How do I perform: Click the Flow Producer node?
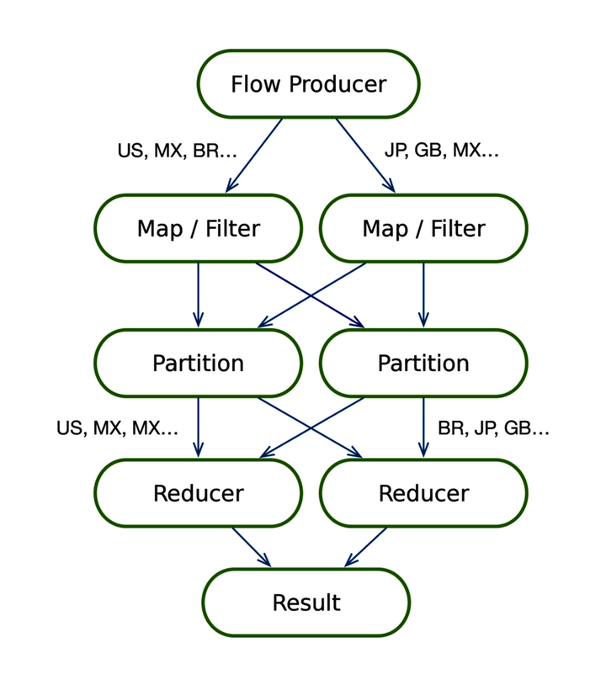coord(308,84)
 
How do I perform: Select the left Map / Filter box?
coord(198,229)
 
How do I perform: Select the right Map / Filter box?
coord(423,229)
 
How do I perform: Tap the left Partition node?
coord(198,363)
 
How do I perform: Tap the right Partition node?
coord(423,363)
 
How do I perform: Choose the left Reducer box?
coord(198,493)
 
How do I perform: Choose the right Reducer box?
coord(423,493)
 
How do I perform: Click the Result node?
coord(306,603)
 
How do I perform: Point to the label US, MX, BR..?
coord(177,151)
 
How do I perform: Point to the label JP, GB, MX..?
coord(442,151)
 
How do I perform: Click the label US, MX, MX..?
coord(117,428)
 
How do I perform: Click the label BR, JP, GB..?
coord(493,428)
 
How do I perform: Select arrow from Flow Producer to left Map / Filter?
coord(253,156)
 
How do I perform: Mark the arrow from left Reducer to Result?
coord(251,547)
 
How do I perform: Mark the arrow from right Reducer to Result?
coord(366,547)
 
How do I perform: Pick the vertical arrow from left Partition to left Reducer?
coord(198,427)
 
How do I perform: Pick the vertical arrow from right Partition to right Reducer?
coord(423,427)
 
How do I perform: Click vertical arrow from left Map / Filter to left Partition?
coord(198,295)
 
